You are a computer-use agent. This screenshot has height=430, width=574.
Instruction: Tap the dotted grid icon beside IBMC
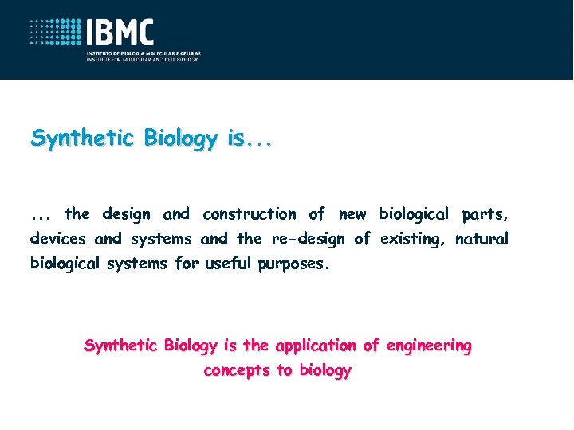point(57,33)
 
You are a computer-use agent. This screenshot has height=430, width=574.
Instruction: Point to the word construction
point(249,213)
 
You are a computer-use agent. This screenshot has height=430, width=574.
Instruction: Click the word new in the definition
point(352,213)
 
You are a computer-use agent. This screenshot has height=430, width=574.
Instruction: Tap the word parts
point(485,214)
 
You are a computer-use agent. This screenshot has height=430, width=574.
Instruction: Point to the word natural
point(482,238)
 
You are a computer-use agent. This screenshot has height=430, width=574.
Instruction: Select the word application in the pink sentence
point(315,346)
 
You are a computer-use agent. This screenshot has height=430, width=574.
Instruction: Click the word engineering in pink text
point(428,346)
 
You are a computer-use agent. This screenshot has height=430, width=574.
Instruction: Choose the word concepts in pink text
point(237,371)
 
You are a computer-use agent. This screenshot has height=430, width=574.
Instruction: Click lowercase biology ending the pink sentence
point(324,371)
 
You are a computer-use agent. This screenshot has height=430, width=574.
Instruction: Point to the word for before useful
point(187,263)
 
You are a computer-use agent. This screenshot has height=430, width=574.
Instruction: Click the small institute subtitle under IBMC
point(143,57)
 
